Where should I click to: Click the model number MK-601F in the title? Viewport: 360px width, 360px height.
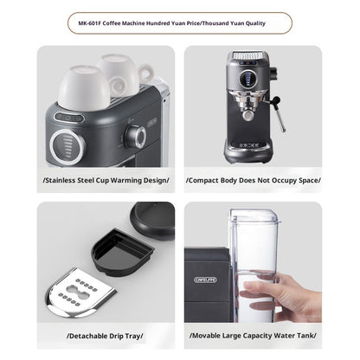tap(89, 23)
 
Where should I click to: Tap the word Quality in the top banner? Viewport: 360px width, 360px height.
tap(255, 23)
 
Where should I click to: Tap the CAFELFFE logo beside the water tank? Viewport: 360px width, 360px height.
tap(205, 280)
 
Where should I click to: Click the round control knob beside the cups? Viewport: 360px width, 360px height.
tap(136, 136)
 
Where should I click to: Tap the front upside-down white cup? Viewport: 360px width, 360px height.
tap(84, 87)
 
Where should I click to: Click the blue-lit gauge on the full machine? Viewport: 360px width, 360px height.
tap(247, 79)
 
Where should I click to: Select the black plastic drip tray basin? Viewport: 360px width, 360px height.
tap(123, 250)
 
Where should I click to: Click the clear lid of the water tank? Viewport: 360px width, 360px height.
tap(255, 217)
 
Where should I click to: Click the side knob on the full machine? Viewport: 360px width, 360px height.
tap(273, 73)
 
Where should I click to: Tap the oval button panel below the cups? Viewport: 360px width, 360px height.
tap(69, 118)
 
